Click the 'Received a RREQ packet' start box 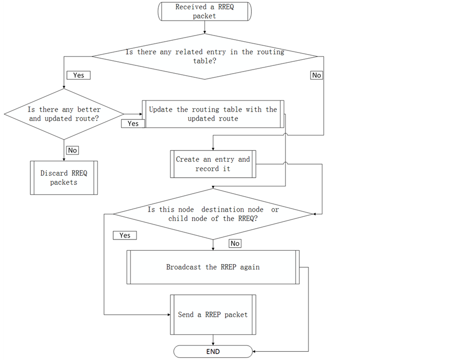(x=204, y=11)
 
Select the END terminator (x=213, y=352)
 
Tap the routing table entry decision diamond (x=204, y=56)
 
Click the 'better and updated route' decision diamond (x=64, y=114)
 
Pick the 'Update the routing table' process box (x=213, y=114)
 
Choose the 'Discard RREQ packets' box (x=64, y=178)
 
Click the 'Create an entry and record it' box (x=213, y=164)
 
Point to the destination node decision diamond (x=213, y=214)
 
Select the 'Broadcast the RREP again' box (x=213, y=267)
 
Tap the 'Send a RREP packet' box (x=213, y=314)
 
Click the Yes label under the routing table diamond (x=78, y=75)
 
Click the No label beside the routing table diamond (x=316, y=75)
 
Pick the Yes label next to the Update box (x=133, y=124)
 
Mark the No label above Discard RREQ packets (x=73, y=150)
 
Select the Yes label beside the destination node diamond (x=125, y=235)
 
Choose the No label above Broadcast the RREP (x=235, y=243)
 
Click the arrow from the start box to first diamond (x=204, y=28)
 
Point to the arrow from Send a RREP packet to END (x=213, y=338)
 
